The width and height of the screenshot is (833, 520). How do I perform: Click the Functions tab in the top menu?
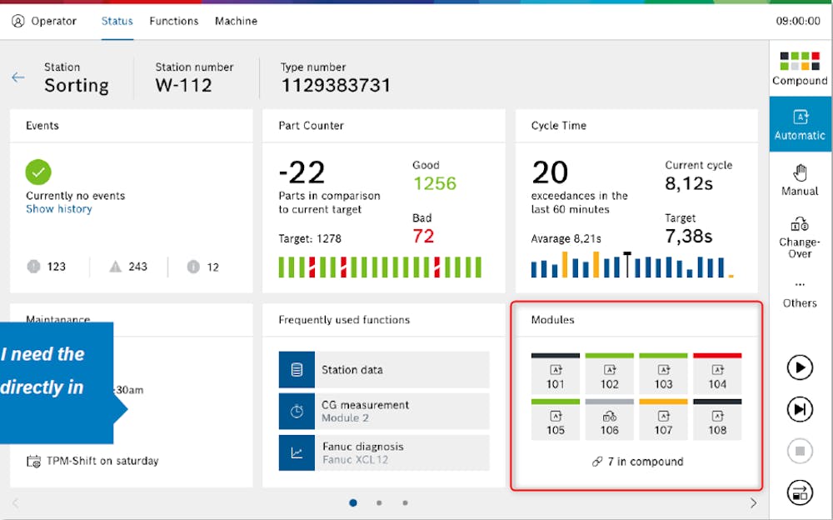(173, 21)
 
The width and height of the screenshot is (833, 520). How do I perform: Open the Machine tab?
(236, 21)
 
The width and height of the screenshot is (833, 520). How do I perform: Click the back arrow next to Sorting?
(18, 77)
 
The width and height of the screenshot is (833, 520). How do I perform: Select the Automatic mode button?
(800, 124)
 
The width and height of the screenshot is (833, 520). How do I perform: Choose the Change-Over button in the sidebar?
(800, 235)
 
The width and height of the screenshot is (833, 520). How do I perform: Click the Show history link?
(58, 209)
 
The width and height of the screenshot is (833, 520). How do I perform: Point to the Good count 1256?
(434, 183)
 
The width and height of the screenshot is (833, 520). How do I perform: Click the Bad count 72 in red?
(423, 236)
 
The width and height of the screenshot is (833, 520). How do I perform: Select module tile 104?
(717, 374)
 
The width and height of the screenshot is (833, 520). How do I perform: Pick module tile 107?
(663, 420)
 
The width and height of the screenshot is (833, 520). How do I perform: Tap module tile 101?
(556, 374)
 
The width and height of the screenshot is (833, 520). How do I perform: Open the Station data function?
(383, 370)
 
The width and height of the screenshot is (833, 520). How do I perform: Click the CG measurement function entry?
(383, 411)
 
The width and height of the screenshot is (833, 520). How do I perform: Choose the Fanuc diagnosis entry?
(383, 452)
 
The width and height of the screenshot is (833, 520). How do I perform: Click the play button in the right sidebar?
(800, 367)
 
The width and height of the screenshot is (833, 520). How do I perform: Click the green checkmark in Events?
(38, 172)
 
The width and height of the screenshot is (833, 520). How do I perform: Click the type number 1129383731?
(335, 85)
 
